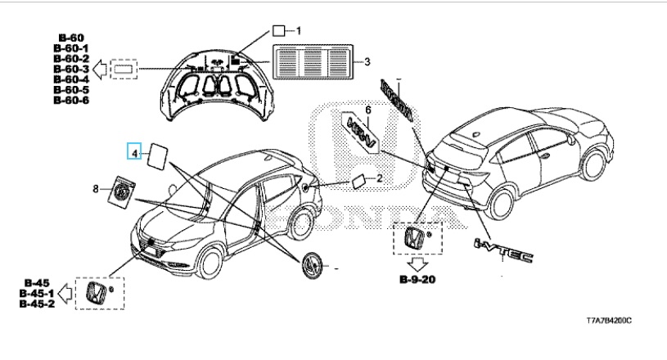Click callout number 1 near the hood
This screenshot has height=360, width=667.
(299, 31)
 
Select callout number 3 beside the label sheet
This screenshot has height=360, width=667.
(367, 61)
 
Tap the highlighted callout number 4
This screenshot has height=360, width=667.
(133, 151)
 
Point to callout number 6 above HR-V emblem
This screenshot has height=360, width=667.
(368, 110)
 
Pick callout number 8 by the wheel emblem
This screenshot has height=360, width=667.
(96, 189)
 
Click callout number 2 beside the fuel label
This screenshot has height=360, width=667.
(379, 178)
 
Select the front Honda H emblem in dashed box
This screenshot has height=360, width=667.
(97, 292)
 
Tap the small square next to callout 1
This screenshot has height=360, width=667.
(279, 31)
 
